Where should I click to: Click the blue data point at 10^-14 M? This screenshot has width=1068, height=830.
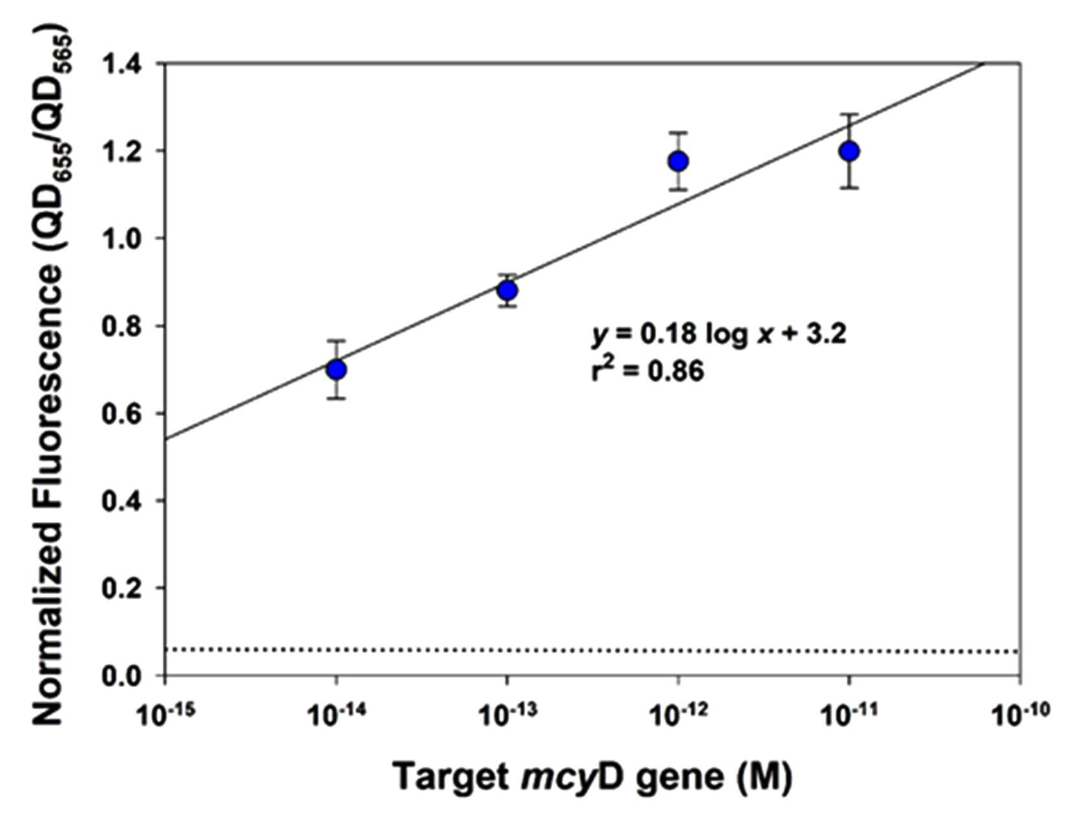pos(336,369)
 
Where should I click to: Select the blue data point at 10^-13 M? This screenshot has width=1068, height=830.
pos(507,291)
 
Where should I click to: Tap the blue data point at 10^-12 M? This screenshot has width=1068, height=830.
pos(678,161)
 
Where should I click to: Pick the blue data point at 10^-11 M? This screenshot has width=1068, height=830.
pos(849,151)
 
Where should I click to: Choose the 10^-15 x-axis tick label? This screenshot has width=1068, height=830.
pos(165,712)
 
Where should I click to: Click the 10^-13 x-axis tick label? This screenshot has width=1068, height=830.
pos(507,712)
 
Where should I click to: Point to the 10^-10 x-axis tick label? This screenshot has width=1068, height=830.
pos(1020,712)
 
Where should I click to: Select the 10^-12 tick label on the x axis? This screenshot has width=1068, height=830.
pos(678,712)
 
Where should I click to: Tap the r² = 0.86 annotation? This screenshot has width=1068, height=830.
pos(648,371)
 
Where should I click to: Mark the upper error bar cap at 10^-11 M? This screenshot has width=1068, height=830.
pos(849,114)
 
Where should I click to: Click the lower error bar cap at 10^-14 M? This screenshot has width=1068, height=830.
pos(336,398)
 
